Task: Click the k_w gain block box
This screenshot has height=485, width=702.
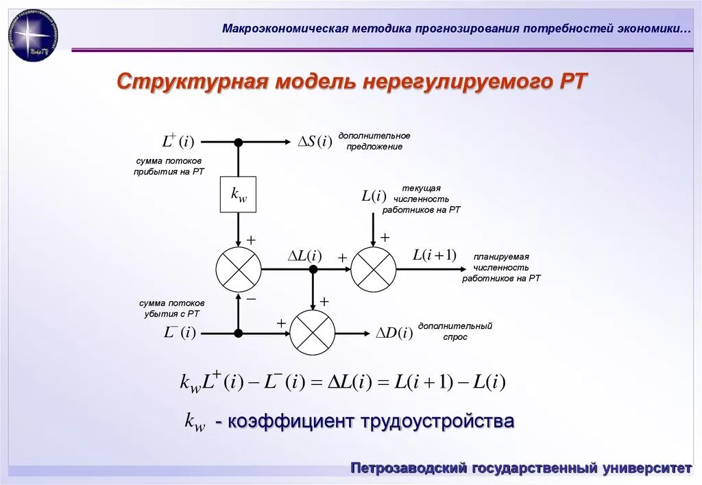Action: point(238,195)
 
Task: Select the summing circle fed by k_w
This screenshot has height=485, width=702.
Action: point(239,270)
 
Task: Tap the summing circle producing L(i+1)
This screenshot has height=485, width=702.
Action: point(374,270)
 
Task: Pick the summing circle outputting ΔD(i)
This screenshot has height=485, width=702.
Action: point(313,333)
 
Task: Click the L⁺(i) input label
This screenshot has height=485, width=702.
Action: point(178,142)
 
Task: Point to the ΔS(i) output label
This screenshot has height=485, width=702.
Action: point(315,142)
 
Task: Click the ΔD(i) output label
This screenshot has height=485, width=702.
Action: point(394,334)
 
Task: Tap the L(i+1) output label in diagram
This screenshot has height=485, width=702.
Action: point(434,256)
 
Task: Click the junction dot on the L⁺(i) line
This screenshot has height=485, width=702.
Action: point(239,142)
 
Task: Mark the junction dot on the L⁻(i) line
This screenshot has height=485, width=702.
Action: point(239,334)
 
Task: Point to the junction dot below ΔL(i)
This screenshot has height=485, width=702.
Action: point(313,270)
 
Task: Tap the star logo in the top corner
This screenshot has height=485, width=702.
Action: point(32,35)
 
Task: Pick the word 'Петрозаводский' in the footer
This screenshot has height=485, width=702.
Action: point(409,469)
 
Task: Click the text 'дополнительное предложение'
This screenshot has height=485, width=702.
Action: point(374,141)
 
